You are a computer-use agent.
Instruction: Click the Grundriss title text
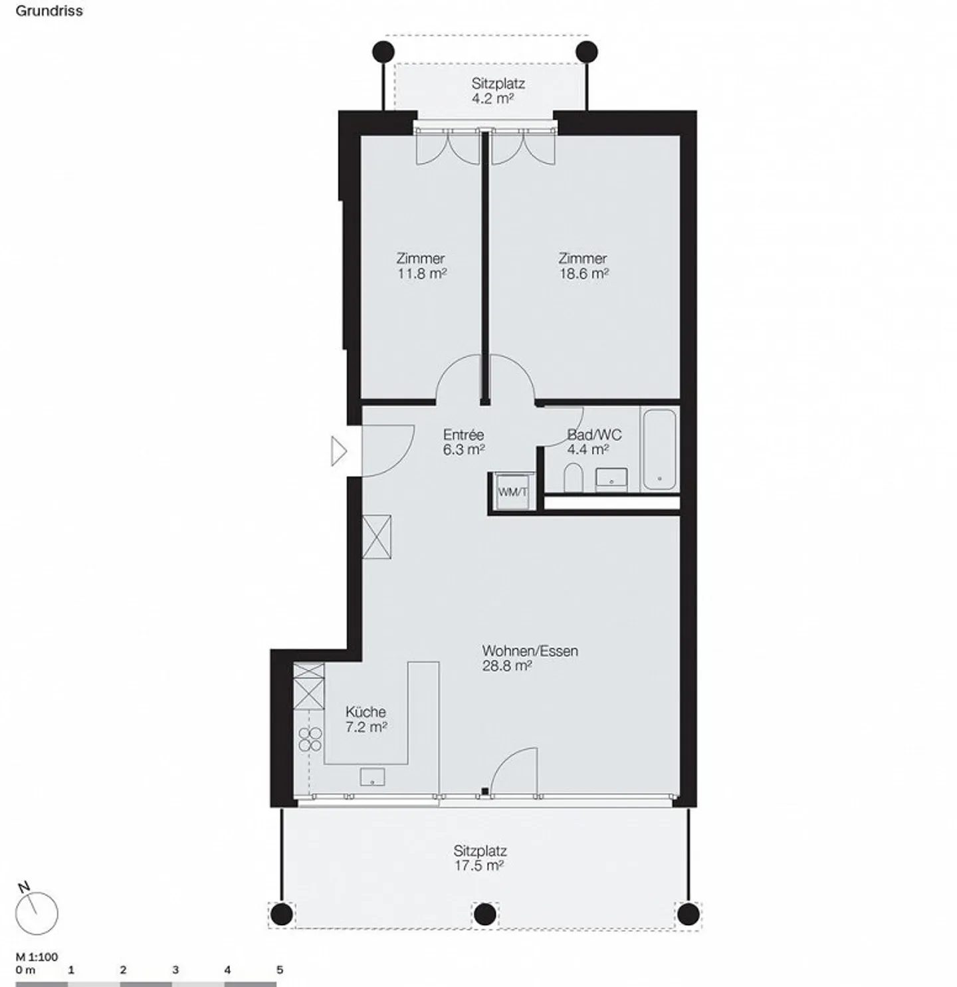pos(49,11)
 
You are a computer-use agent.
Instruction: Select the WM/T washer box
pos(513,491)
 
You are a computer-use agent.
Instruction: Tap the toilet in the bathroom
pos(573,477)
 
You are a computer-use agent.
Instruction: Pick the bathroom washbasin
pos(611,479)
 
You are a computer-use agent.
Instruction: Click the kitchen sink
pos(372,776)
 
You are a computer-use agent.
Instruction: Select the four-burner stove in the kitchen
pos(310,739)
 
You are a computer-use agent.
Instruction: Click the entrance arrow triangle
pos(339,451)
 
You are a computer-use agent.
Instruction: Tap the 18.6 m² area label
pos(584,274)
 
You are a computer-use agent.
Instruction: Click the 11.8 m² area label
pos(422,274)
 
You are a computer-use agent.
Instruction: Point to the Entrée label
pos(463,435)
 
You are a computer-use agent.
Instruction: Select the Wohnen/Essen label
pos(530,651)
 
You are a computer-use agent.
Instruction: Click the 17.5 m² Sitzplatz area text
pos(478,865)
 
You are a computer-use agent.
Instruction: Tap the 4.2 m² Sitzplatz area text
pos(492,98)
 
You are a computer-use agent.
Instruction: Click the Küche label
pos(366,712)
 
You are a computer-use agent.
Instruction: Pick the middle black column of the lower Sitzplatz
pos(485,914)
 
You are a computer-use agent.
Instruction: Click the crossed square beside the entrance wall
pos(377,536)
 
